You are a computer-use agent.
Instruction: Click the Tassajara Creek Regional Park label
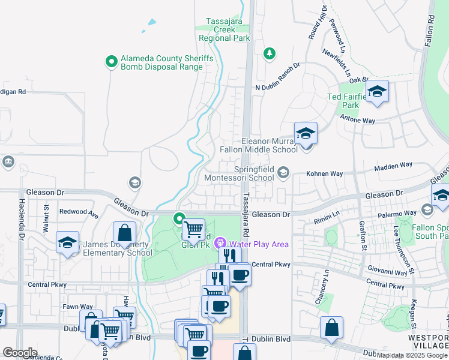click(224, 29)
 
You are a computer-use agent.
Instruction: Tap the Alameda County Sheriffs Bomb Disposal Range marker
click(111, 61)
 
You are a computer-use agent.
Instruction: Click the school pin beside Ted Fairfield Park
click(376, 92)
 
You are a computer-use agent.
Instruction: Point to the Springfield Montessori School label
click(239, 173)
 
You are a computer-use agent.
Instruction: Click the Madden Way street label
click(394, 168)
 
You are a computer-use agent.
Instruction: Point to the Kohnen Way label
click(324, 173)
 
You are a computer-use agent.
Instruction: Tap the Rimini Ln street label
click(327, 214)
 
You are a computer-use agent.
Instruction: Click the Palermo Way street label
click(402, 213)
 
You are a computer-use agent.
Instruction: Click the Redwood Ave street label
click(78, 212)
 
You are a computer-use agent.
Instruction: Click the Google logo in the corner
click(20, 353)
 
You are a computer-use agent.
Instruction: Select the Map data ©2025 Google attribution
click(412, 355)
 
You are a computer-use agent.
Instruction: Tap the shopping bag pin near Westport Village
click(331, 329)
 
